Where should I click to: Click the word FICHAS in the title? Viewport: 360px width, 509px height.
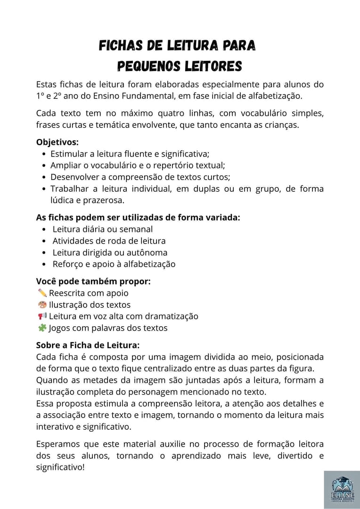click(x=120, y=46)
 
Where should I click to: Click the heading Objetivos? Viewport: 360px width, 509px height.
click(x=57, y=142)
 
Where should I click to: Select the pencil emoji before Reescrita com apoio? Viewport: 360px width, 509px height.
click(x=42, y=293)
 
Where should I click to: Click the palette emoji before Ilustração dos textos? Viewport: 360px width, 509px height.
click(x=42, y=304)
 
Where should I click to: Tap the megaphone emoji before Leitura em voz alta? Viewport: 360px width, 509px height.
click(x=42, y=316)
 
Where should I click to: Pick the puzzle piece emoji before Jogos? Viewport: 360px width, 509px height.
click(x=42, y=328)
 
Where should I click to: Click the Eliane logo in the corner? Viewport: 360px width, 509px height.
click(x=342, y=490)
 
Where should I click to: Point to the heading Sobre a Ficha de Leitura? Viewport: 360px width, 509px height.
click(x=88, y=345)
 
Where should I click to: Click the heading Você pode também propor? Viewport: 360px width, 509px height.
click(x=93, y=281)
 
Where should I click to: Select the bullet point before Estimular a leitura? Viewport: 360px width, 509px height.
click(x=44, y=154)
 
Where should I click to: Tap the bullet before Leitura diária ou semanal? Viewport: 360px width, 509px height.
click(x=44, y=230)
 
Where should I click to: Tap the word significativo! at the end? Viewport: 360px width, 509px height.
click(x=60, y=468)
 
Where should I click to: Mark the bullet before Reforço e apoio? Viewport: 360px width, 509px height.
click(x=44, y=264)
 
